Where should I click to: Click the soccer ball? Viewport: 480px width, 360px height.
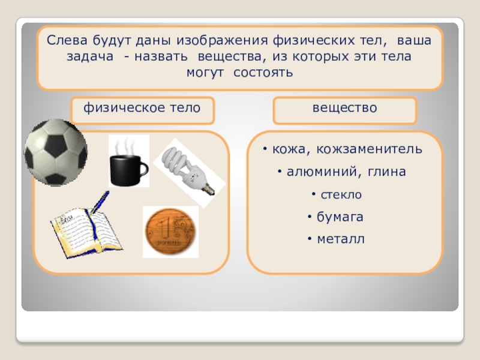[x=56, y=152]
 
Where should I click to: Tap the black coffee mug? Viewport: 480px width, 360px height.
[x=127, y=170]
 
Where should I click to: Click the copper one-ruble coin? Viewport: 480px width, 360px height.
[x=170, y=232]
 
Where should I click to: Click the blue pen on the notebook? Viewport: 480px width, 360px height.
[x=100, y=202]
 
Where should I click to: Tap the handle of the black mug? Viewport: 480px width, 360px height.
[x=143, y=170]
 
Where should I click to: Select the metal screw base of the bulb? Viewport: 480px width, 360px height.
[x=209, y=189]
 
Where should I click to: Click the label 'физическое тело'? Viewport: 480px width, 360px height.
[x=142, y=108]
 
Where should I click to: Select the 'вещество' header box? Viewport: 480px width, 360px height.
[x=344, y=110]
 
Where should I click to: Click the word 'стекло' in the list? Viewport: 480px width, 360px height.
[x=341, y=194]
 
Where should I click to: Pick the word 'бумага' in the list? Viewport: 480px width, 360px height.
[x=340, y=217]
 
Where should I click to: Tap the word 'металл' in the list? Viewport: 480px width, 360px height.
[x=341, y=239]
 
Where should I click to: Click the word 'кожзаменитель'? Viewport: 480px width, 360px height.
[x=369, y=149]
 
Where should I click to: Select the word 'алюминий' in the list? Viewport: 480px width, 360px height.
[x=322, y=172]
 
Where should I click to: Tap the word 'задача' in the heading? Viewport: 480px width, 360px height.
[x=90, y=57]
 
